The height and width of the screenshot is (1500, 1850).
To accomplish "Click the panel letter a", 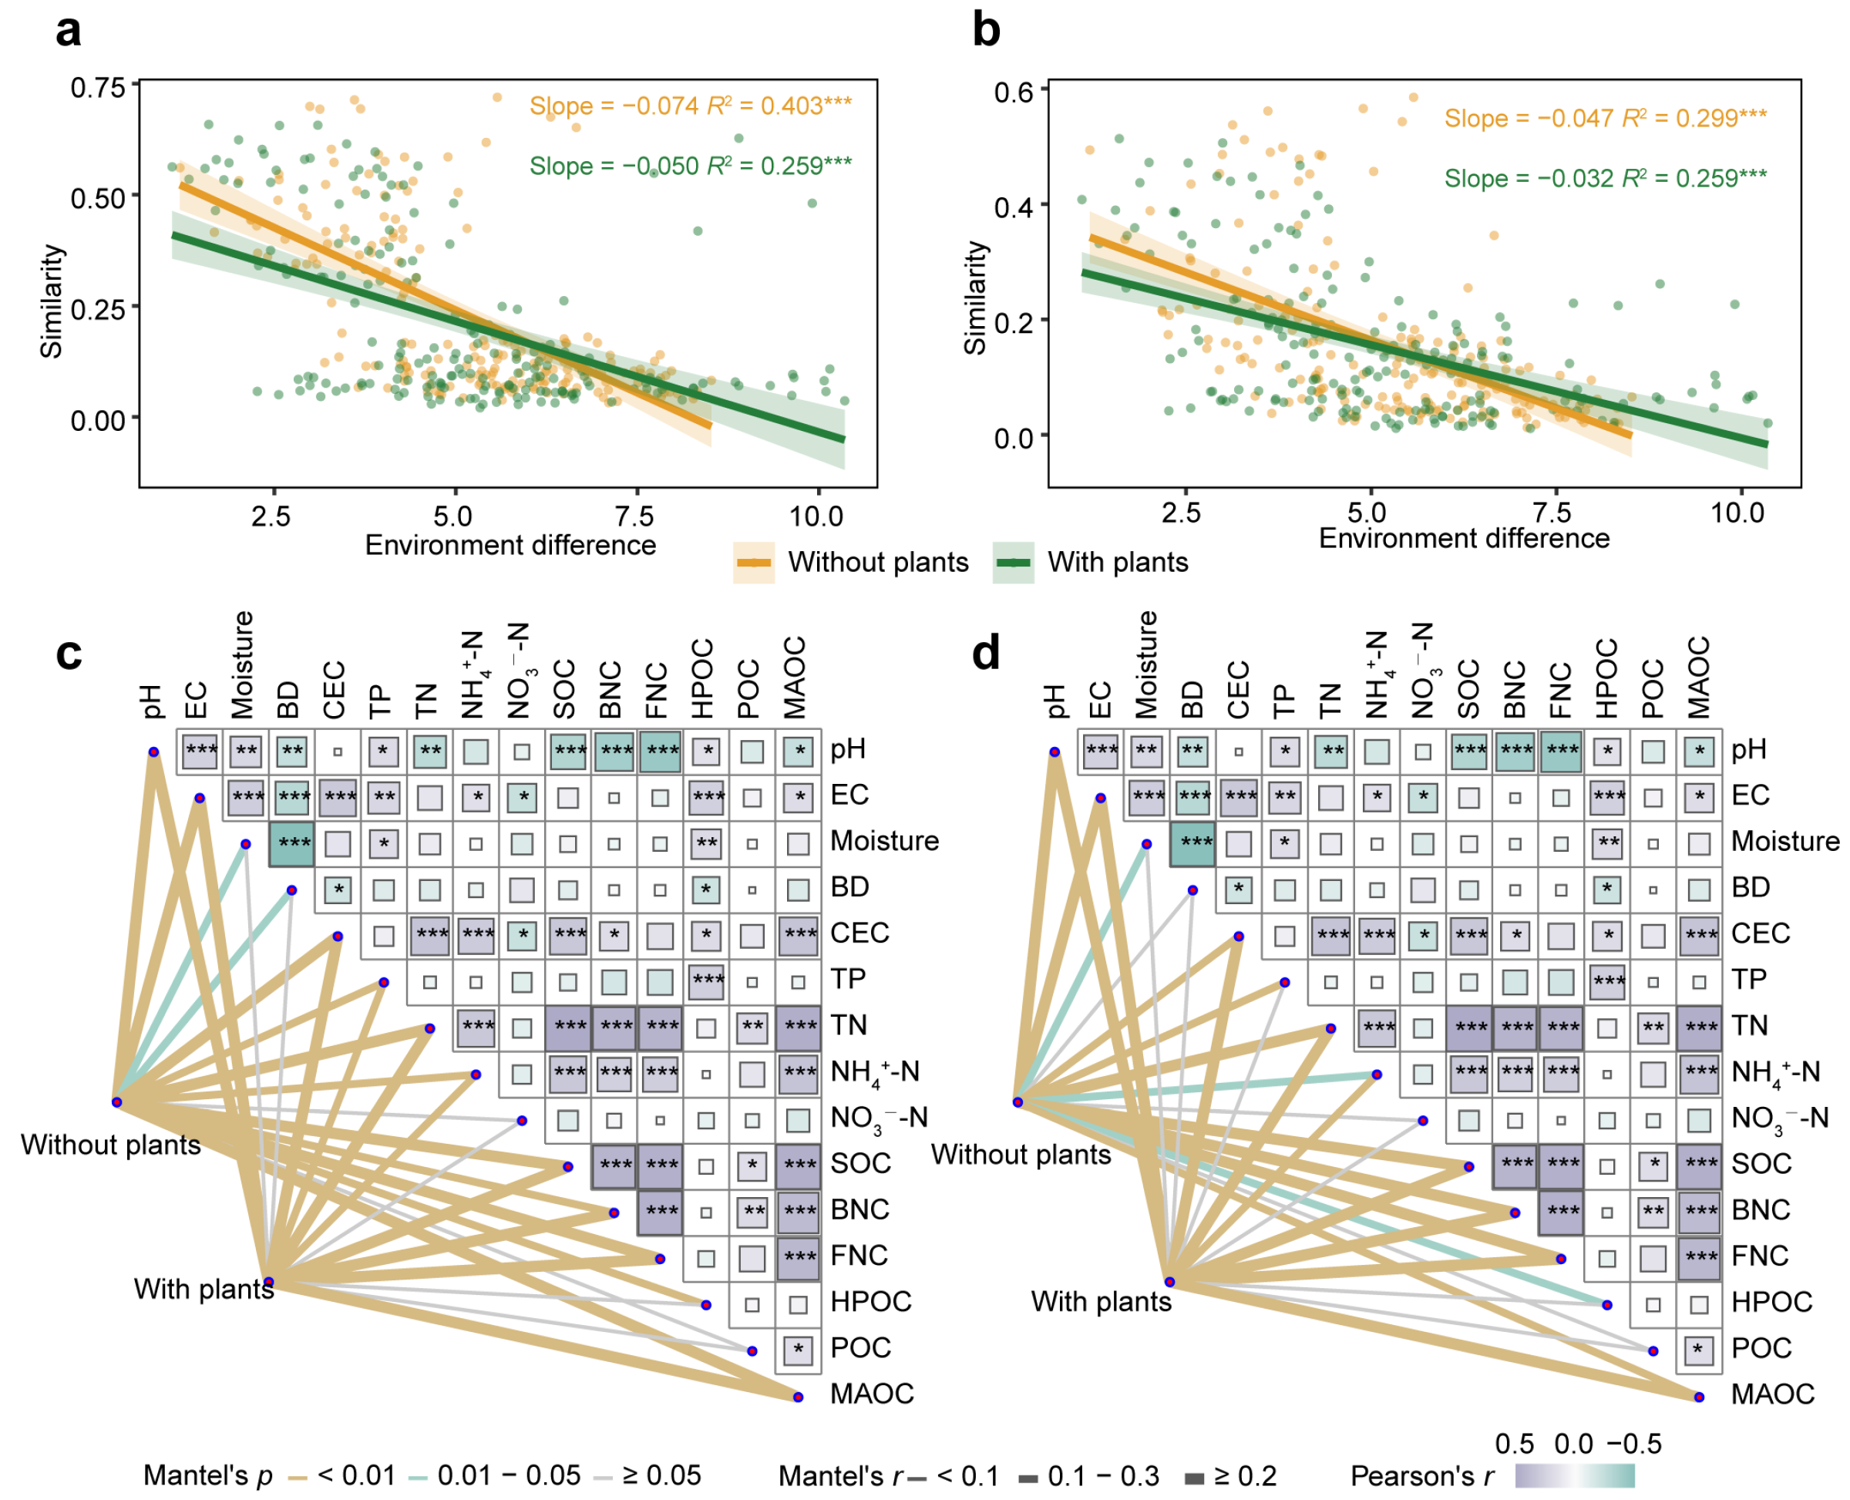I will (69, 31).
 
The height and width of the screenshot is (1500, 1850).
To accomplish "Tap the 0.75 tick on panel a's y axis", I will (98, 87).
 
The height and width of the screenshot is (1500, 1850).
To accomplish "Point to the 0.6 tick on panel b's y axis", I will (1013, 92).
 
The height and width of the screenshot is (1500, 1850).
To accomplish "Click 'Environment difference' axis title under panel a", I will (510, 544).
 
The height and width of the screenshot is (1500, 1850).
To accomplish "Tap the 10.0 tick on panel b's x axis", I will (1737, 513).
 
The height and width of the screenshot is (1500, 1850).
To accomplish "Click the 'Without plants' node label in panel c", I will (109, 1144).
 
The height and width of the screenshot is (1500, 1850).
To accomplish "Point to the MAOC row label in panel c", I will (871, 1394).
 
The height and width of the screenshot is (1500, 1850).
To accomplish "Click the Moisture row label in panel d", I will (1784, 841).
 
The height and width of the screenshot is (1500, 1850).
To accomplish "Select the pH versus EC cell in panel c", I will (200, 749).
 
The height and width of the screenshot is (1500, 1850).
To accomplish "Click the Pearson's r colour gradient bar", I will (1573, 1475).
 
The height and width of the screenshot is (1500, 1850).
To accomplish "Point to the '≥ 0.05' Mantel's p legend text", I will (661, 1475).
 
